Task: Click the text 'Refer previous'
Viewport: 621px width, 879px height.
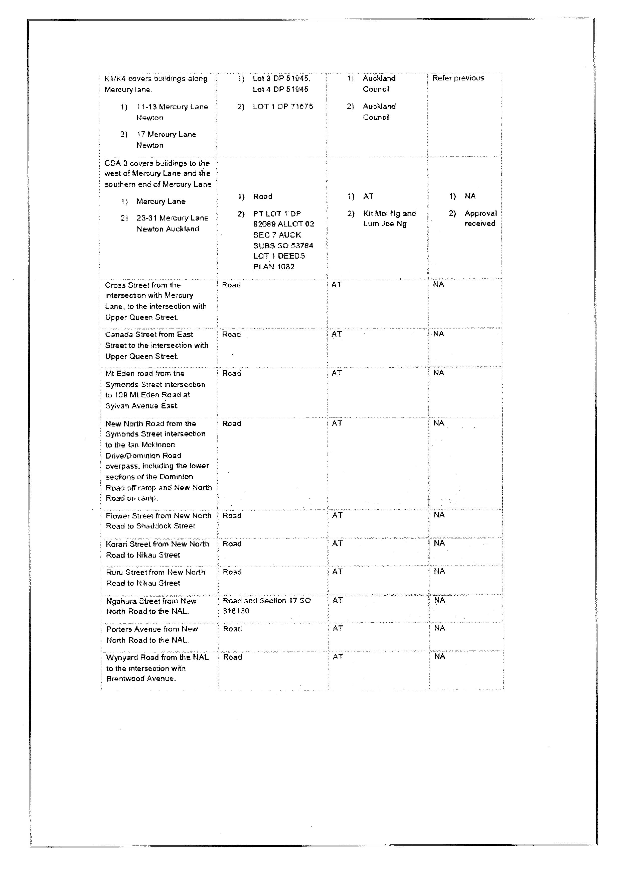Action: [x=458, y=78]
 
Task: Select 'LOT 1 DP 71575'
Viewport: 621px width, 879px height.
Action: [x=282, y=106]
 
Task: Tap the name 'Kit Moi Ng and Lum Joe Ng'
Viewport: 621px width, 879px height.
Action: [x=389, y=218]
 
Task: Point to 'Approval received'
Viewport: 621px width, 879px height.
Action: [x=480, y=218]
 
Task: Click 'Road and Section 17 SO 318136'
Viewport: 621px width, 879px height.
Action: [x=267, y=606]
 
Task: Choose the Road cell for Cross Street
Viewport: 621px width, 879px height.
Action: [x=231, y=285]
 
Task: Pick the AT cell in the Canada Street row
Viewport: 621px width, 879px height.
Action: [x=337, y=334]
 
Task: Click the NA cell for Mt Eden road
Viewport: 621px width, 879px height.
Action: [x=438, y=373]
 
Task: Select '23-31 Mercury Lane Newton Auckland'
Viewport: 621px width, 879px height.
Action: [x=172, y=223]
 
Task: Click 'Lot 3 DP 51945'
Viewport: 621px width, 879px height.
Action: [x=281, y=78]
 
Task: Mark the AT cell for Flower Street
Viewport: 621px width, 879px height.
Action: [x=337, y=515]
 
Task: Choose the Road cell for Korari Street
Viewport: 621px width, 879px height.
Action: [x=232, y=544]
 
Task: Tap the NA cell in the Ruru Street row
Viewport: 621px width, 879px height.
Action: [x=439, y=571]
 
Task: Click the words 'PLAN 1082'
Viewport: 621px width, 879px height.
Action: [x=274, y=267]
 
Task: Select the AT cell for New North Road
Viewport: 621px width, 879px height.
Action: [x=337, y=423]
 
